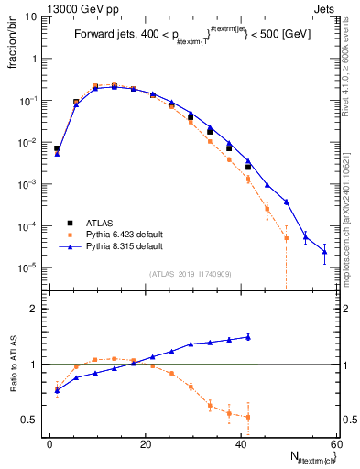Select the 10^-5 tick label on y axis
point(27,267)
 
